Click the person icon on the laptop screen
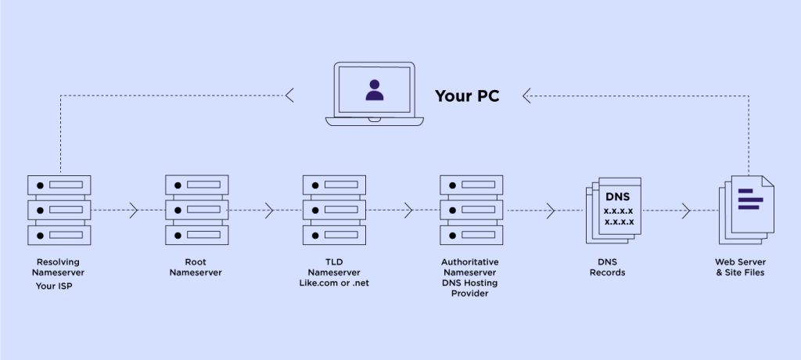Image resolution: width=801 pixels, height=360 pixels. [x=375, y=90]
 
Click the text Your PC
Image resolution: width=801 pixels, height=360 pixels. [x=467, y=96]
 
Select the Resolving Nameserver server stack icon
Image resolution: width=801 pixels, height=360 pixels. [x=59, y=210]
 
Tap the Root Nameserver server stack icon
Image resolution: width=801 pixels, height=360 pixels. [x=196, y=210]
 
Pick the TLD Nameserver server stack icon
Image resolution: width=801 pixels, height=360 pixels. [x=334, y=210]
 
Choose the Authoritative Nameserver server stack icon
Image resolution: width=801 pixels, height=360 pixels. [x=471, y=210]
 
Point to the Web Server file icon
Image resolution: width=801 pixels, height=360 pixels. [x=746, y=205]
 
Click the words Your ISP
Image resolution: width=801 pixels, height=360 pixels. [x=57, y=286]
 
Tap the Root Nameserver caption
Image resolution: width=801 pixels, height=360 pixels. [x=196, y=267]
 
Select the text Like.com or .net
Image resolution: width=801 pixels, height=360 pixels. [x=334, y=283]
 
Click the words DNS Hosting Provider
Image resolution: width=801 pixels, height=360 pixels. [x=469, y=287]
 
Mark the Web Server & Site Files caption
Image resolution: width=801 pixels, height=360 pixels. [x=739, y=267]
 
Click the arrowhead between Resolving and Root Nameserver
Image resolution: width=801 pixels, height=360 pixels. [x=133, y=211]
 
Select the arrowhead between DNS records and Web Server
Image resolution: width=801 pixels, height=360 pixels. [x=685, y=211]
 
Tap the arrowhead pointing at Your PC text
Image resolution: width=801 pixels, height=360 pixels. [x=527, y=96]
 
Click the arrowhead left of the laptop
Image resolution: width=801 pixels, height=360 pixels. [x=289, y=96]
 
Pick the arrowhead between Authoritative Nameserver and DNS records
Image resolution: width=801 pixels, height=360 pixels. [x=550, y=211]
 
